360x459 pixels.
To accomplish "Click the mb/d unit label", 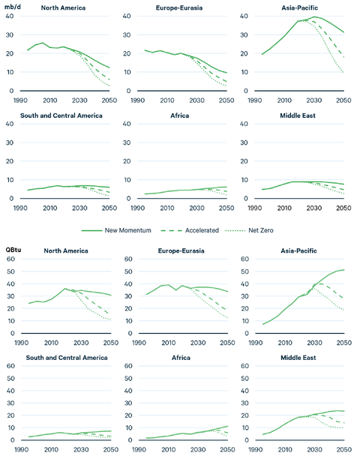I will (13, 7).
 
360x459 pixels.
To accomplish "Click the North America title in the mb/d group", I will (63, 8).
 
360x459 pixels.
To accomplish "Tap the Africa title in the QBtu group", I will (180, 358).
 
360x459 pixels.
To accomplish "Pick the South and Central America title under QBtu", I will (63, 358).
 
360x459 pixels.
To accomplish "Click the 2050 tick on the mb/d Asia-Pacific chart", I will (343, 100).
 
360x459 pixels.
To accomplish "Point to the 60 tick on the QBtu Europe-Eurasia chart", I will (130, 259).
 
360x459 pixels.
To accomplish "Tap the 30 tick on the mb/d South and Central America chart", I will (13, 142).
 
